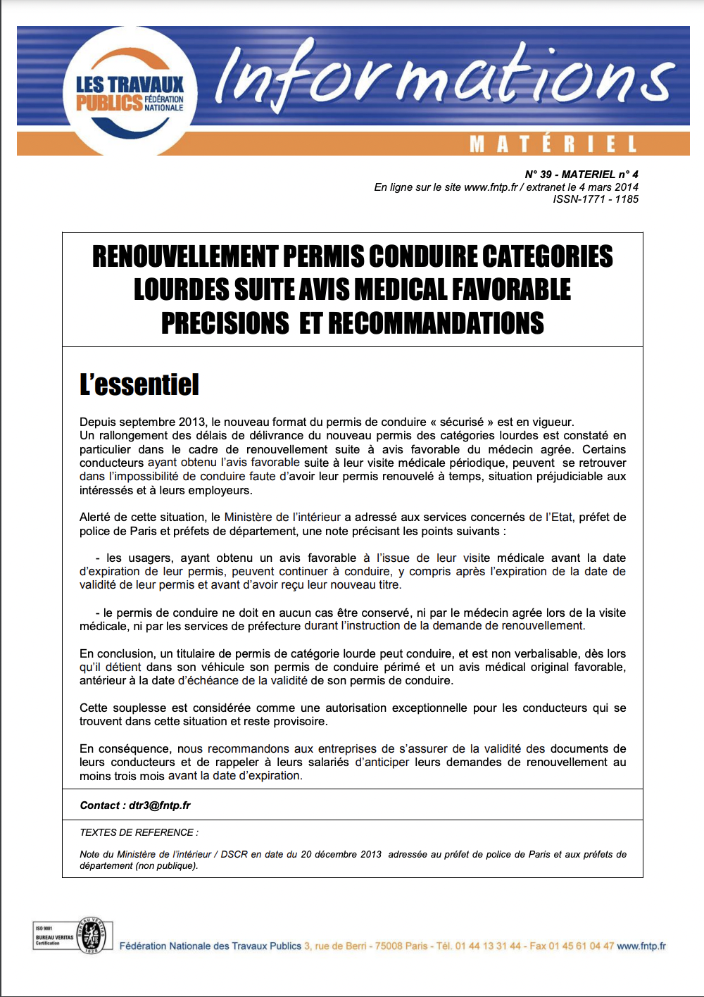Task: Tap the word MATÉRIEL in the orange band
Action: point(553,144)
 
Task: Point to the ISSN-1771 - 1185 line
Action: point(596,199)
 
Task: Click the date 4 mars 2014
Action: point(609,187)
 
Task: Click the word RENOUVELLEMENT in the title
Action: point(186,257)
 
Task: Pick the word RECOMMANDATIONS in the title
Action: point(436,323)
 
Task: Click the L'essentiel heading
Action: point(139,385)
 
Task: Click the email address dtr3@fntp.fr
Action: point(160,805)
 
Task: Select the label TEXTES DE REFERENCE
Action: point(139,833)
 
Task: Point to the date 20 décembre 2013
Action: point(341,855)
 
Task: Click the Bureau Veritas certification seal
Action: point(92,936)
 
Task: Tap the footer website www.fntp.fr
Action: point(641,946)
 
